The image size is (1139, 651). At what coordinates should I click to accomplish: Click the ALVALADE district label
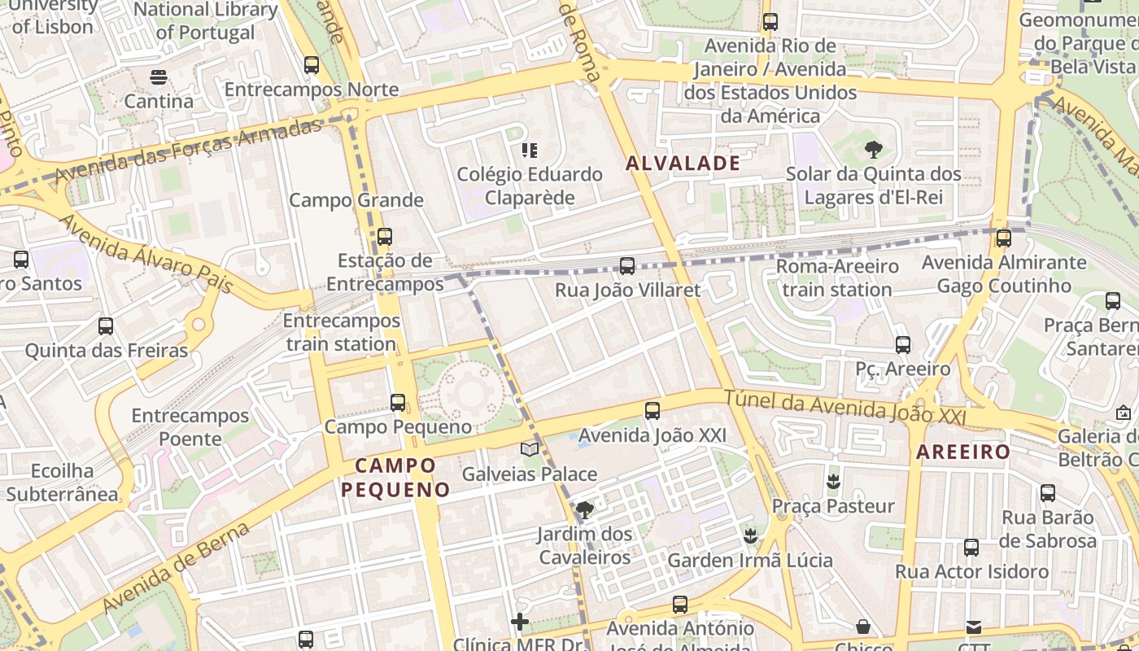click(x=683, y=163)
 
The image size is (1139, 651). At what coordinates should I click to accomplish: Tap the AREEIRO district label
click(x=963, y=452)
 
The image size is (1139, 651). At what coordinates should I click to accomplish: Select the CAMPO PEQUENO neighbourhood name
click(x=395, y=478)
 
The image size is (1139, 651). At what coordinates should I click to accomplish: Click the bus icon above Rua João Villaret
click(x=626, y=265)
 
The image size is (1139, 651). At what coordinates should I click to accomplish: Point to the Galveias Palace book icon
click(x=530, y=449)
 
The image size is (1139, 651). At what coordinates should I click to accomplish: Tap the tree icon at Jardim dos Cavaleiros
click(x=583, y=510)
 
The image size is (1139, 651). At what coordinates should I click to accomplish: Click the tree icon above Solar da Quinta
click(x=874, y=149)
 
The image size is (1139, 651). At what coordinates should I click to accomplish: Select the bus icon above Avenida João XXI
click(x=652, y=411)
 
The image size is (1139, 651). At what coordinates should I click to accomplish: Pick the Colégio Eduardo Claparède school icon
click(x=530, y=150)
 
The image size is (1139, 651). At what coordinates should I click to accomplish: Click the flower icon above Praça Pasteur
click(x=832, y=481)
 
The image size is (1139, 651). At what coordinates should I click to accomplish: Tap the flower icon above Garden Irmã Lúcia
click(x=750, y=535)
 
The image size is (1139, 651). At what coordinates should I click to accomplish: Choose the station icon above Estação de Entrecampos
click(x=384, y=237)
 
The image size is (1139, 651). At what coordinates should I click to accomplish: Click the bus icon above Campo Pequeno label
click(x=397, y=402)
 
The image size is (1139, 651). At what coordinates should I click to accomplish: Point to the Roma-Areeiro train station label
click(x=836, y=277)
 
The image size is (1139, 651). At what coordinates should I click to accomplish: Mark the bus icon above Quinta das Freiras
click(x=106, y=326)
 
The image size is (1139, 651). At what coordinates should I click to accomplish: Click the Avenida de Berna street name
click(x=177, y=567)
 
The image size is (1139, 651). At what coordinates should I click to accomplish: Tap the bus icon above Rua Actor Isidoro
click(x=971, y=547)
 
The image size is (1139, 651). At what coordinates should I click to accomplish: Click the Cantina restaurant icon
click(x=158, y=77)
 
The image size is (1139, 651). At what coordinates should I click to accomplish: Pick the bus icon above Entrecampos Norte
click(x=311, y=64)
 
